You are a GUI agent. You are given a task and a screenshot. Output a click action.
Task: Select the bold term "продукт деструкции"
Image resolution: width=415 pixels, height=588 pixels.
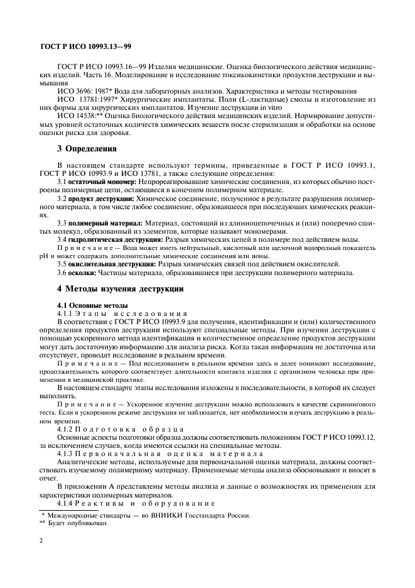coord(102,198)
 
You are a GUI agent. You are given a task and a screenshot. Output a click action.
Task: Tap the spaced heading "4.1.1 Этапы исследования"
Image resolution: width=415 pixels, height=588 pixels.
coord(122,313)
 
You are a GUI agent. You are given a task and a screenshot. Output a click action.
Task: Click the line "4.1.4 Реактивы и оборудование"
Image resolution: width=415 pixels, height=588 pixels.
coord(136,503)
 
